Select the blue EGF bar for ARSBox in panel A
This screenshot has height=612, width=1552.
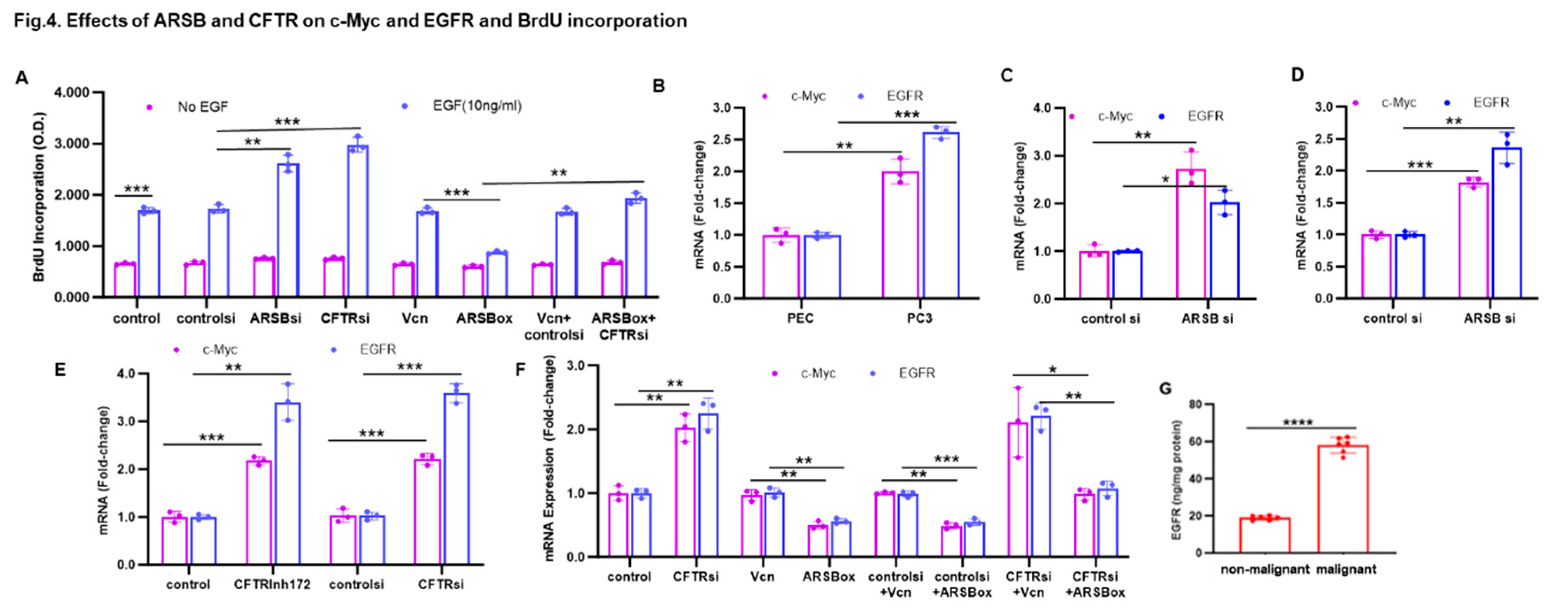coord(497,275)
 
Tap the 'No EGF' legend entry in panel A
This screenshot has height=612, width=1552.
coord(202,107)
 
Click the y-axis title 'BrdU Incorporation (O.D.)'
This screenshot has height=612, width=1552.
coord(39,197)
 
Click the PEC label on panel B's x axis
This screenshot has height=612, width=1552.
coord(800,318)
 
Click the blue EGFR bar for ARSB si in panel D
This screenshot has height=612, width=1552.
coord(1507,223)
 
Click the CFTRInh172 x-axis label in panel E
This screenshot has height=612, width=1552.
coord(272,584)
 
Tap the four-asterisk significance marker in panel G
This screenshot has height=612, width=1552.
coord(1298,422)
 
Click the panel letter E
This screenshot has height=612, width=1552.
coord(60,369)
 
